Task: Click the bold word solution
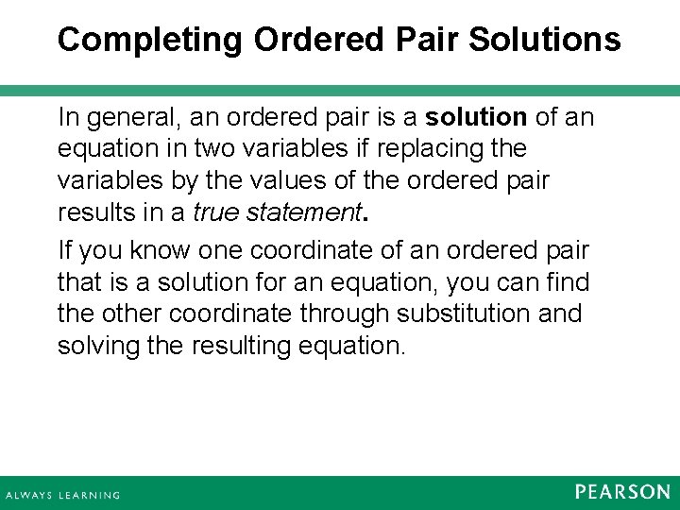[476, 117]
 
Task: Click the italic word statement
[304, 213]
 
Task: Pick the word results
[92, 213]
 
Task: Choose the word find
[568, 281]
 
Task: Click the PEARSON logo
[622, 492]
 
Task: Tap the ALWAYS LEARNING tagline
[63, 495]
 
